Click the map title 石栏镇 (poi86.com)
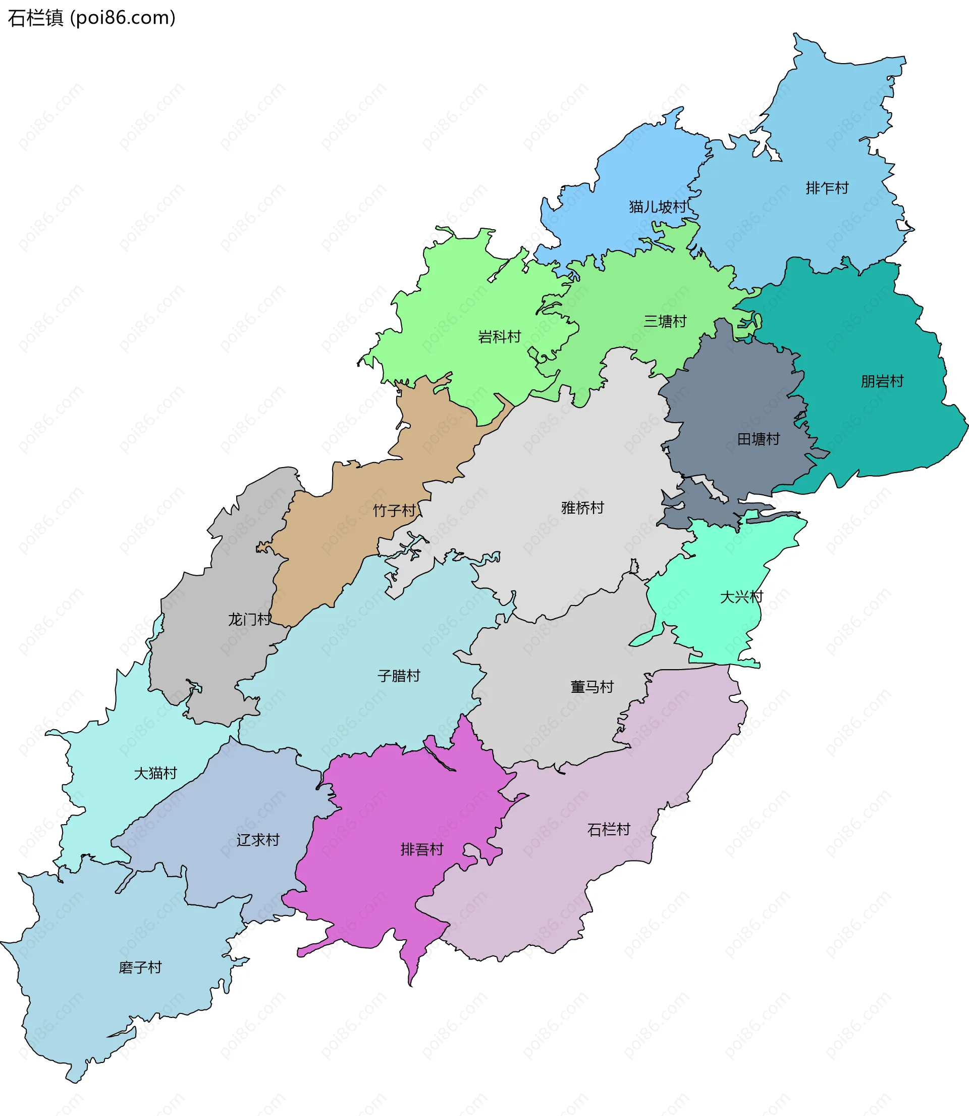click(x=91, y=18)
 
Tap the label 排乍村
click(x=827, y=188)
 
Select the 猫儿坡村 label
click(x=657, y=207)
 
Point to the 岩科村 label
click(x=499, y=337)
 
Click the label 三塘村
click(x=665, y=321)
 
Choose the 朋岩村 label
click(x=882, y=381)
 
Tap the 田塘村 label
click(x=759, y=439)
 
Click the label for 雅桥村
click(x=582, y=508)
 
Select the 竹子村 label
click(x=394, y=510)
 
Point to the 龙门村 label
click(x=249, y=620)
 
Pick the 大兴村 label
click(x=741, y=597)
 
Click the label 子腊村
click(x=399, y=676)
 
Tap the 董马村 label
click(x=592, y=687)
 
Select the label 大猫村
click(x=155, y=773)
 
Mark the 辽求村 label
click(x=258, y=840)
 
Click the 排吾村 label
click(x=422, y=849)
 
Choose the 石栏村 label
click(x=608, y=829)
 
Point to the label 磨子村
click(x=140, y=967)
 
